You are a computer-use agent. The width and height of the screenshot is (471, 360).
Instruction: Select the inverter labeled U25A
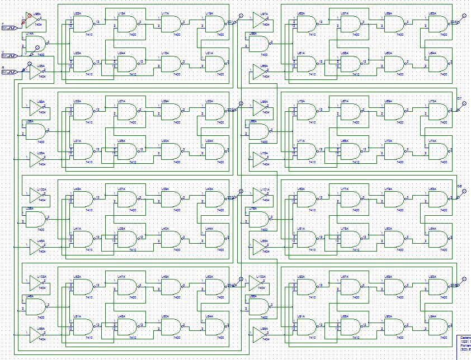[37, 74]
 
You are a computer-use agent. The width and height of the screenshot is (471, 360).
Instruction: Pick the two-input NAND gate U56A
[258, 44]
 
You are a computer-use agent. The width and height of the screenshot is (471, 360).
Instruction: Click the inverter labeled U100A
[37, 195]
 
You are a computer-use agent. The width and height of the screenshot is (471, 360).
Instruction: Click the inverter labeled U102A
[37, 282]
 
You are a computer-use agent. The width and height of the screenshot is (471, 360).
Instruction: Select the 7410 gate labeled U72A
[305, 112]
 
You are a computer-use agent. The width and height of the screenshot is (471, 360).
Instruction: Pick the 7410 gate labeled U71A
[305, 151]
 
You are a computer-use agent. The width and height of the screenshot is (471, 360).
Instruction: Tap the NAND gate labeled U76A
[258, 219]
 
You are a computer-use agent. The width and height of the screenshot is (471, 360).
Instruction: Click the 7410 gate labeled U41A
[83, 239]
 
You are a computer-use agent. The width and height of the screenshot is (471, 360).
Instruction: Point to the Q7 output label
[459, 98]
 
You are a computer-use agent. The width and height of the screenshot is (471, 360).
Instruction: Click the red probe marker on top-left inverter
[29, 15]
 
